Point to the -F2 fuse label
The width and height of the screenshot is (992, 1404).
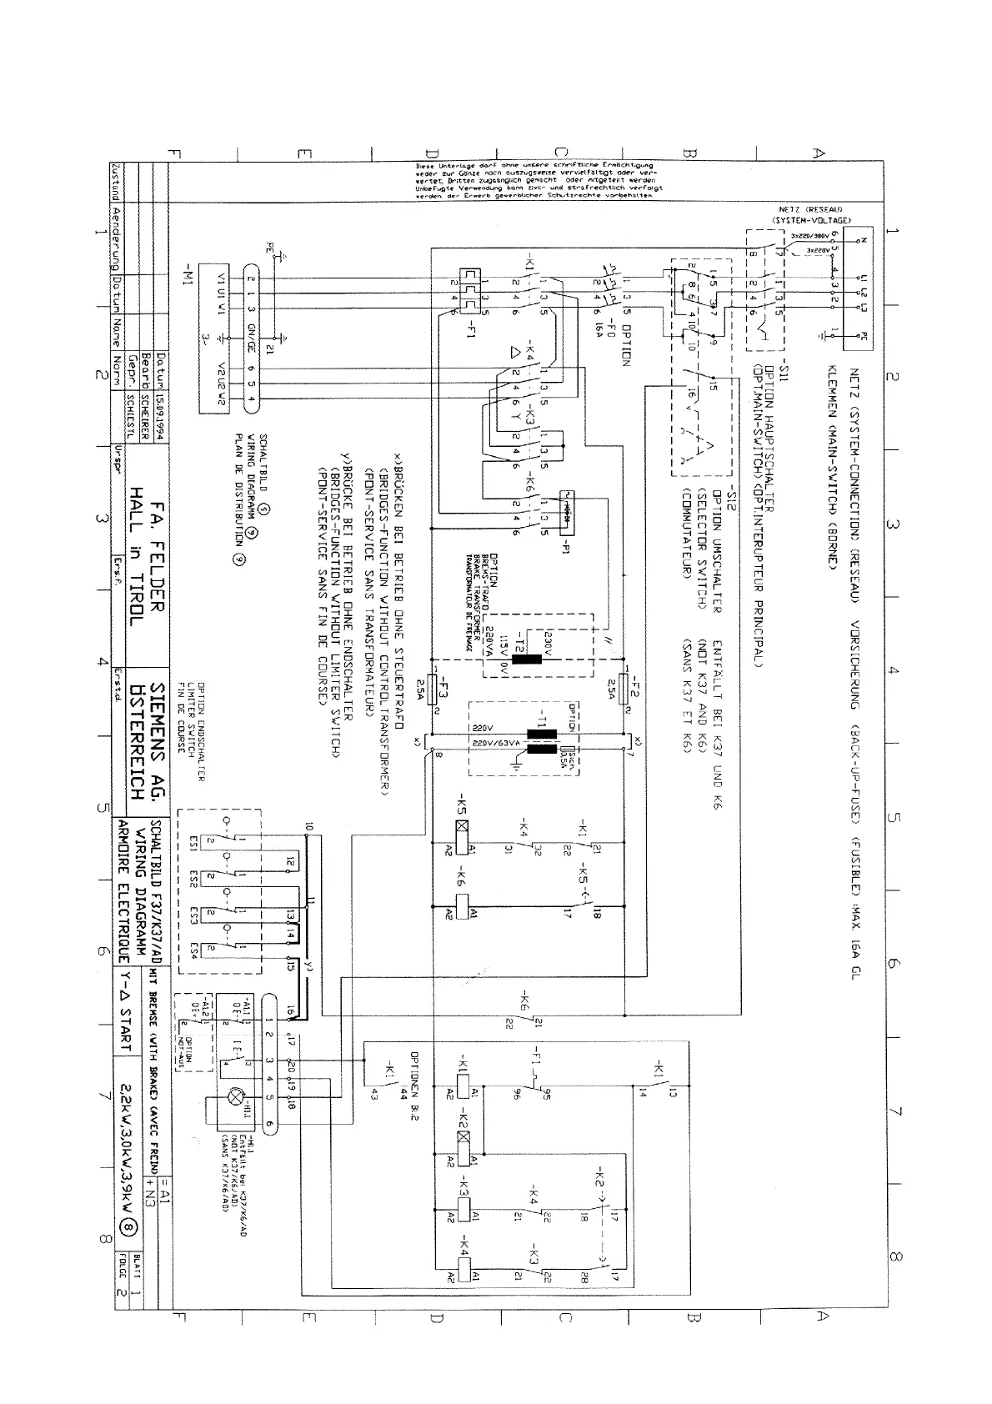(634, 687)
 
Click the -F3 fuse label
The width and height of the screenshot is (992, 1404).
(442, 687)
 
